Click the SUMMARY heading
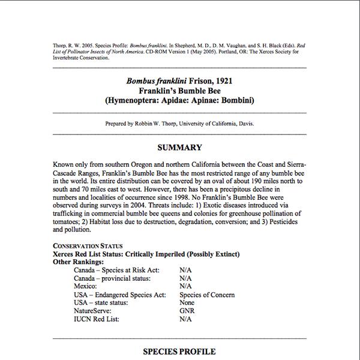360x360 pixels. (179, 148)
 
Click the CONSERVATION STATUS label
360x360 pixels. (88, 245)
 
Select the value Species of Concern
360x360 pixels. (207, 295)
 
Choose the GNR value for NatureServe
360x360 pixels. (187, 311)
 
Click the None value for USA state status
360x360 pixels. (188, 303)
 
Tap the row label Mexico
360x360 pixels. (87, 286)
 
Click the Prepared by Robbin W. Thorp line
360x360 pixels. (179, 124)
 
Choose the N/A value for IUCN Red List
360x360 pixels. (185, 319)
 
